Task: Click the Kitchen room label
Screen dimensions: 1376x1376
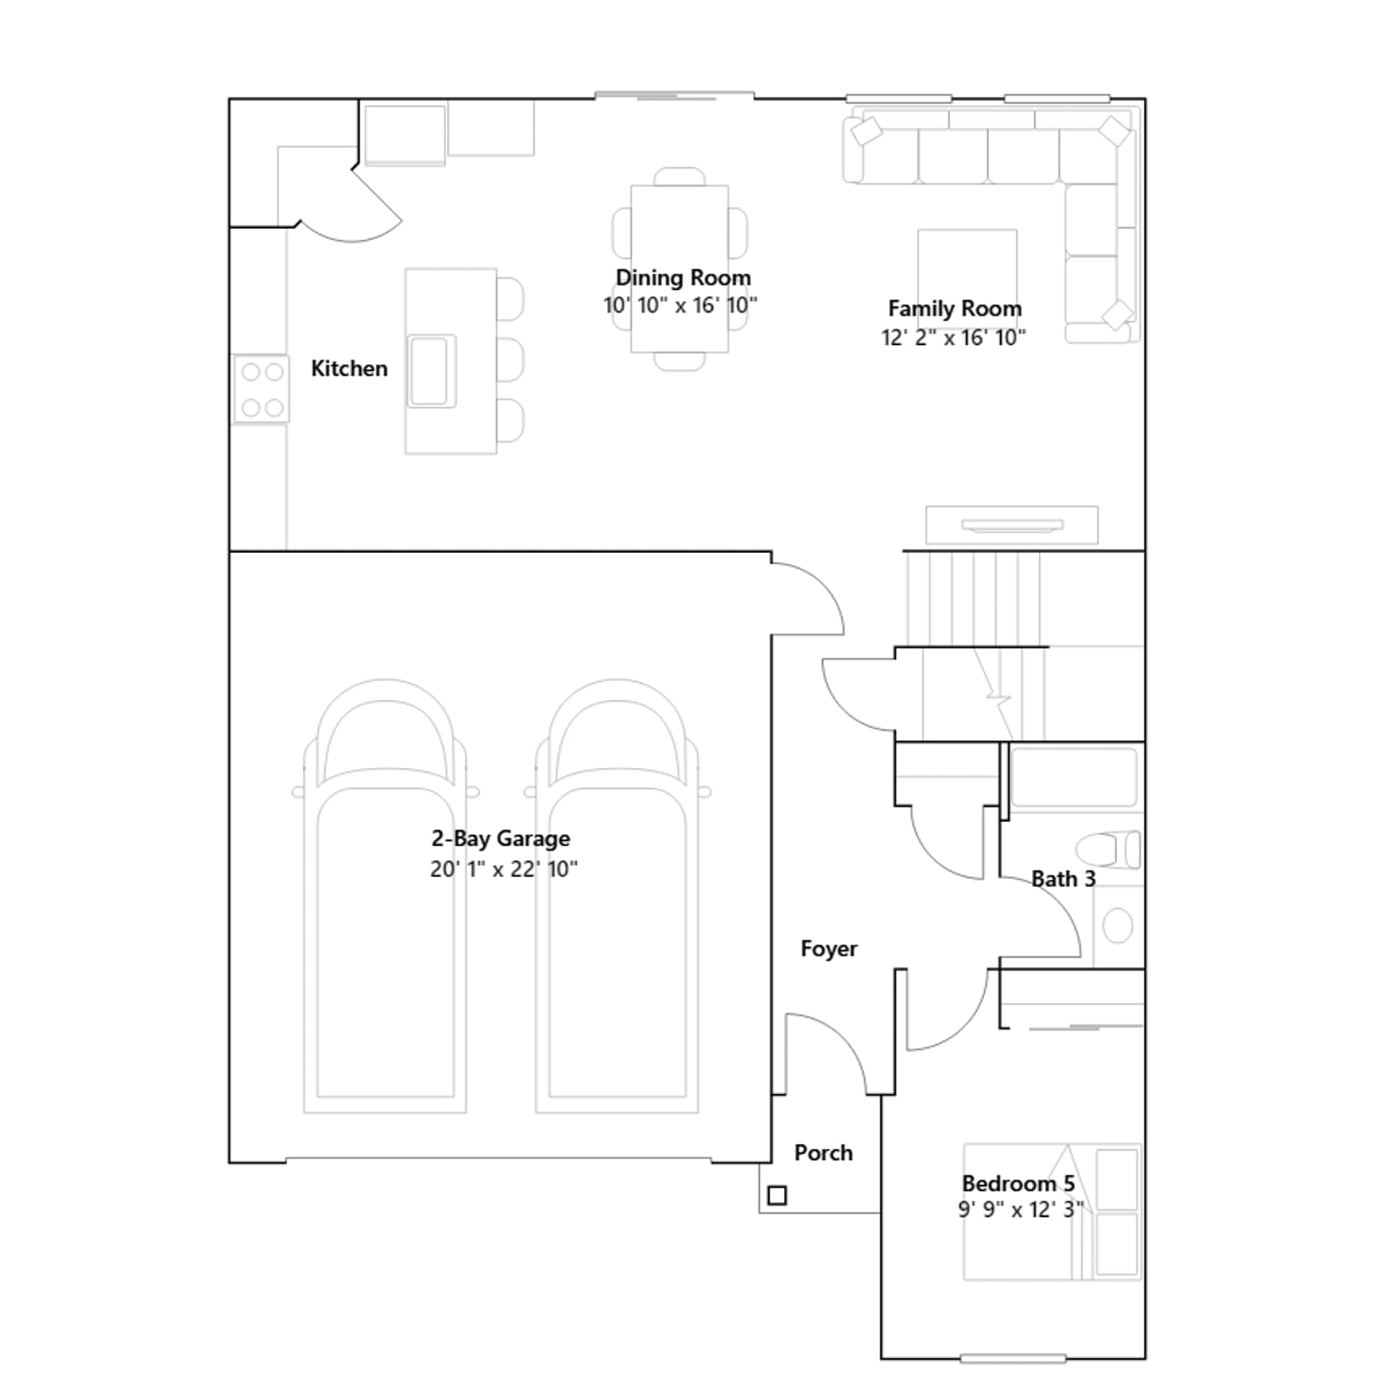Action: [349, 369]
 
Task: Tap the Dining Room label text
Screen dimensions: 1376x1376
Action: [683, 278]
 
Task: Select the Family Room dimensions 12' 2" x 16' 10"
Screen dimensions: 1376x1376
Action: [954, 337]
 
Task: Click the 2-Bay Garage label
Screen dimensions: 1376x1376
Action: [501, 838]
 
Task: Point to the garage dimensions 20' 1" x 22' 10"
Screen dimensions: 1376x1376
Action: [504, 869]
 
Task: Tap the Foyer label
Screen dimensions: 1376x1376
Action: [829, 949]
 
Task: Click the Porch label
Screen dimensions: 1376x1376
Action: [823, 1153]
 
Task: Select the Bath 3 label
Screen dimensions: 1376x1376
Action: [1064, 879]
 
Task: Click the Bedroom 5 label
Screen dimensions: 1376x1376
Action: [1018, 1183]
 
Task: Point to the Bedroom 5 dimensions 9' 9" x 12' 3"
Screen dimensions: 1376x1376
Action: [1021, 1210]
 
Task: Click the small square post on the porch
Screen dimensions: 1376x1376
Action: [777, 1195]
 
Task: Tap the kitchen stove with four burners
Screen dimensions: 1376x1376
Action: [261, 389]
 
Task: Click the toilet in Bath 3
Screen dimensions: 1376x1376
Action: [1109, 850]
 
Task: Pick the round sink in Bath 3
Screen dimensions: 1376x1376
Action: [1117, 926]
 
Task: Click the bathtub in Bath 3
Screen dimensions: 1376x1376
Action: [1074, 777]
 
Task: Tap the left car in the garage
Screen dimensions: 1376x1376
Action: [385, 896]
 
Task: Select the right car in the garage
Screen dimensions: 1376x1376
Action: [617, 896]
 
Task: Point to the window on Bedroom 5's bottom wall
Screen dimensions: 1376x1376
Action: [1013, 1359]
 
